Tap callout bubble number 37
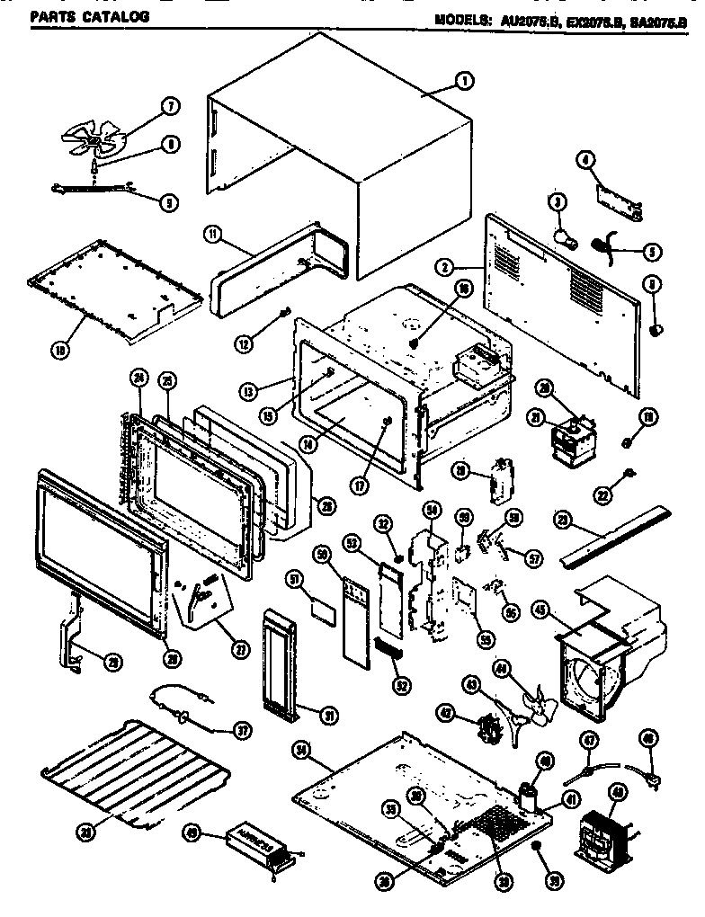[x=241, y=730]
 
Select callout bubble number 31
[x=330, y=715]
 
